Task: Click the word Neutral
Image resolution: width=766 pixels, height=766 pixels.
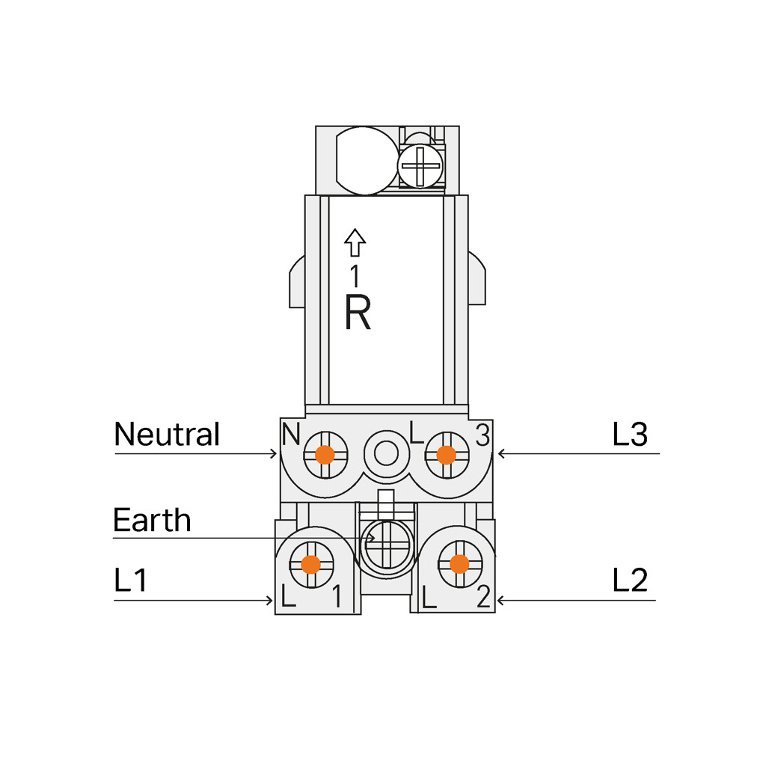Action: coord(167,434)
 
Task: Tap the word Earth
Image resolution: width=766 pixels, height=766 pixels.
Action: coord(152,520)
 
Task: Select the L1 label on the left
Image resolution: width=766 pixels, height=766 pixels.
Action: coord(130,580)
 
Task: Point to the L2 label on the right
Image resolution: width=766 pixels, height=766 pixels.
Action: coord(630,580)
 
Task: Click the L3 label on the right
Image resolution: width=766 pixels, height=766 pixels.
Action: coord(630,434)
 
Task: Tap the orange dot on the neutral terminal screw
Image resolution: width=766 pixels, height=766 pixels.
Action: coord(325,455)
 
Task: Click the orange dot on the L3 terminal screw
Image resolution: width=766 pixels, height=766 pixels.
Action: coord(446,455)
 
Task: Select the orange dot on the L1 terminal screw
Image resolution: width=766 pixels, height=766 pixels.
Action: coord(310,564)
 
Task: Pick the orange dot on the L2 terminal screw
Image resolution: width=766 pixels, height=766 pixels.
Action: coord(459,564)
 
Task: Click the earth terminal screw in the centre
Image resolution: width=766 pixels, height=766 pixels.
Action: coord(387,545)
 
